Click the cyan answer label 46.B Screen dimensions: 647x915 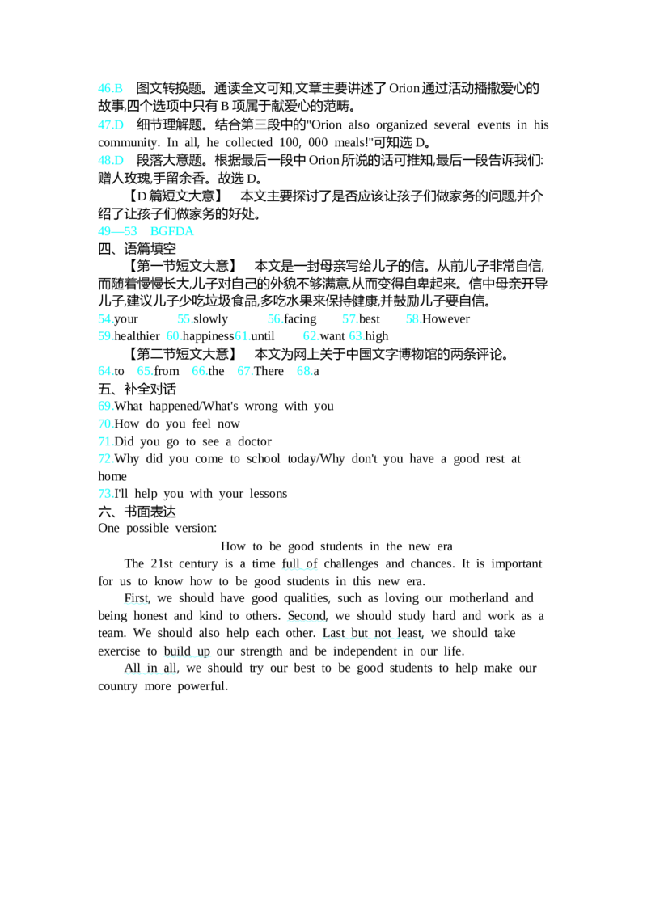coord(110,88)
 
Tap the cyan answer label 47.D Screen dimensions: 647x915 coord(111,124)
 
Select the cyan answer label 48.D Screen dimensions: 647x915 coord(111,161)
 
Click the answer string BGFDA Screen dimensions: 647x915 coord(171,231)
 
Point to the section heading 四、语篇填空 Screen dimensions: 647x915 coord(137,249)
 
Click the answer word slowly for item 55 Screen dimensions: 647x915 coord(211,319)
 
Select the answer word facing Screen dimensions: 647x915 coord(300,319)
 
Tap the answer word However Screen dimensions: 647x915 coord(446,319)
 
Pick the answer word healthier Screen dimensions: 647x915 coord(137,336)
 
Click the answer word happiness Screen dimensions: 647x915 coord(209,337)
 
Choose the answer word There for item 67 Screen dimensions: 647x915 coord(269,371)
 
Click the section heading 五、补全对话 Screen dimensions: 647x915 coord(137,390)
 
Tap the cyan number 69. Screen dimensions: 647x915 coord(106,406)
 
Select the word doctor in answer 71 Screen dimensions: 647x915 coord(255,442)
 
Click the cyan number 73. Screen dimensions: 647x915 coord(106,494)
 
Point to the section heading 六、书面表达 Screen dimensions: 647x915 coord(137,512)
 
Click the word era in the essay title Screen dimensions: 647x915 coord(445,546)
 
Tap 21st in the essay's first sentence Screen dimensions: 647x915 coord(162,563)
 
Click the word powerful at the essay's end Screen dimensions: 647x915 coord(203,686)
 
